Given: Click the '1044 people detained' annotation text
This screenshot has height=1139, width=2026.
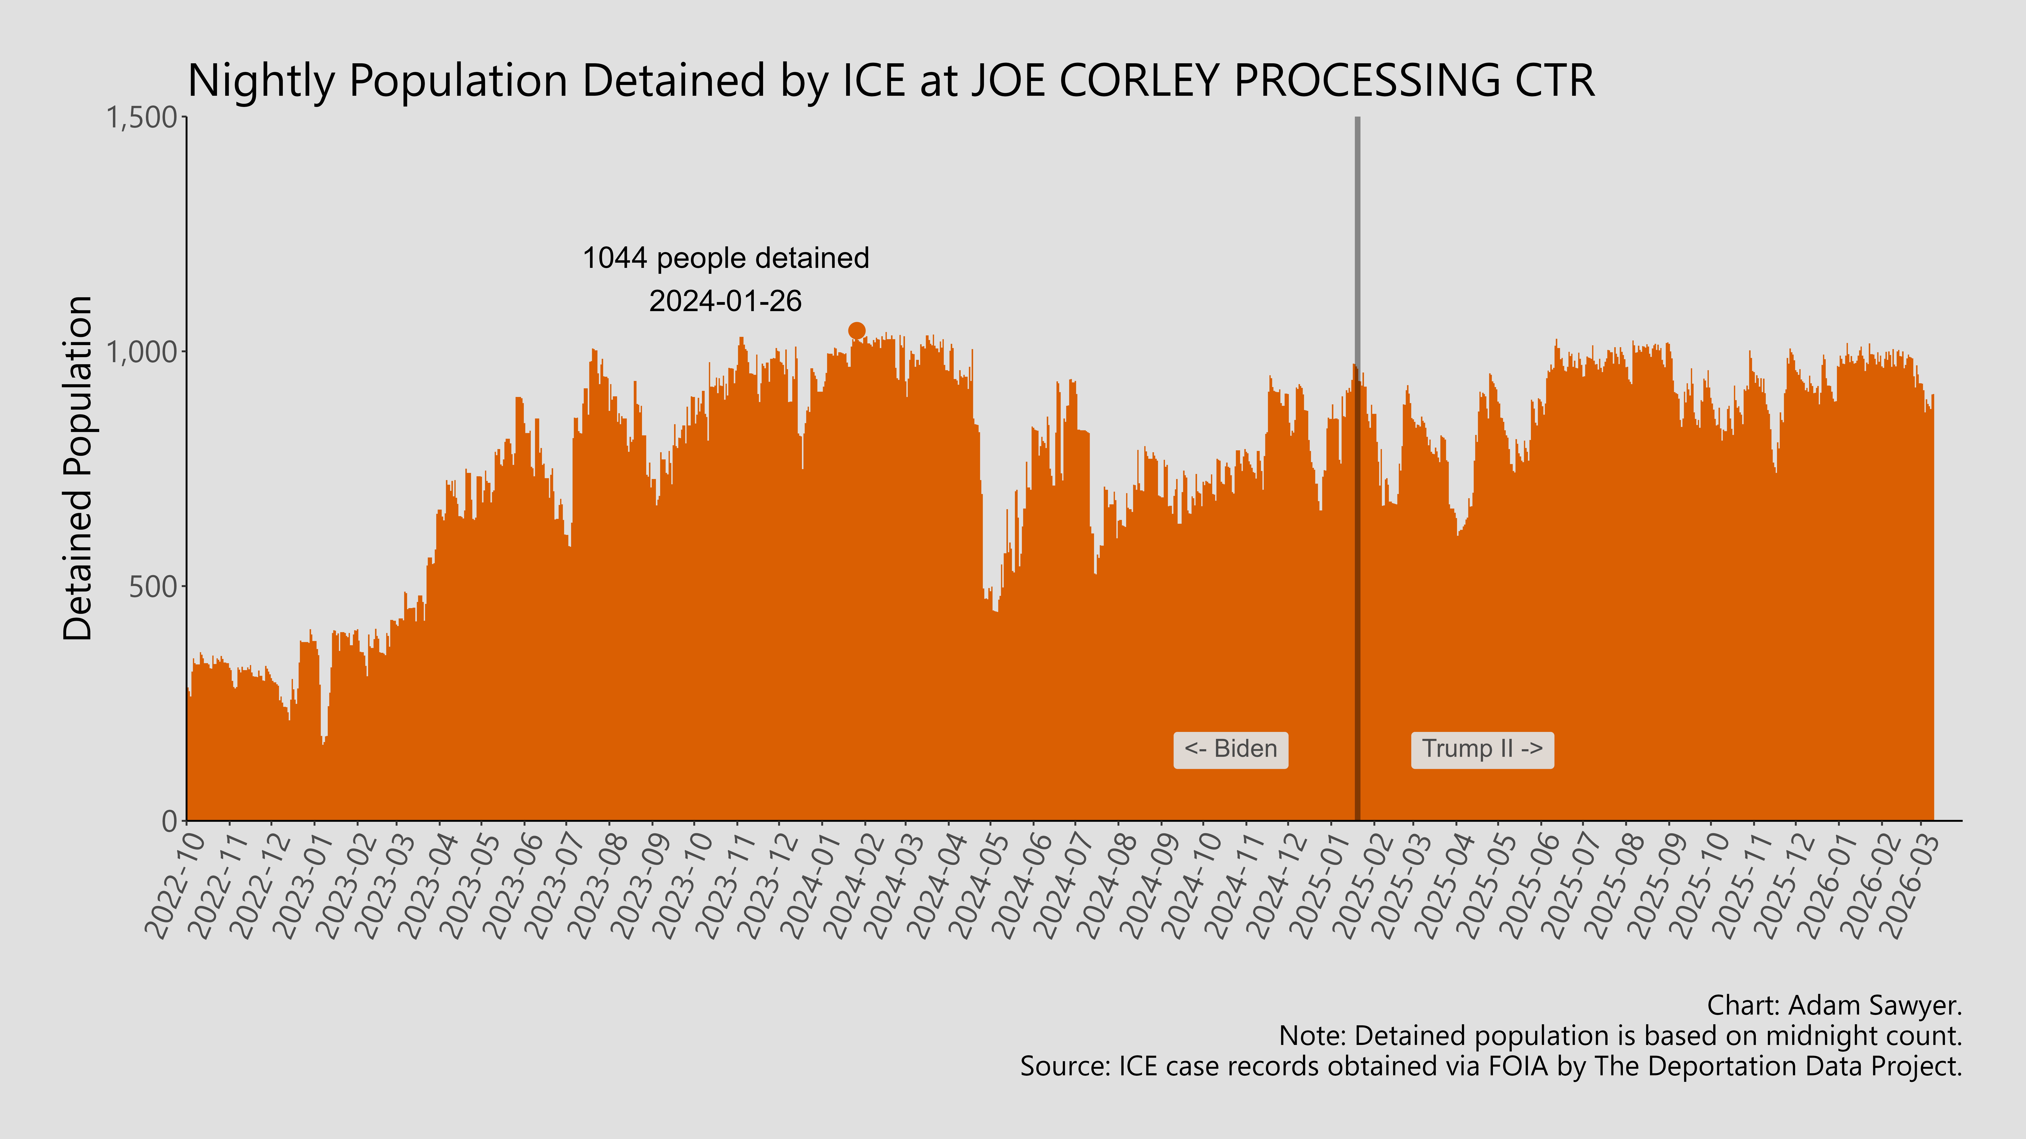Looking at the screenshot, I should [x=725, y=258].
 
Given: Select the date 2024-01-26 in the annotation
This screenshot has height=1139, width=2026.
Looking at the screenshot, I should [x=725, y=301].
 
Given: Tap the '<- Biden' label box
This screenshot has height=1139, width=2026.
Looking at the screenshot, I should [x=1230, y=749].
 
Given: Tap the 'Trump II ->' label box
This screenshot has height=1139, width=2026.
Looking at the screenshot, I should [x=1482, y=749].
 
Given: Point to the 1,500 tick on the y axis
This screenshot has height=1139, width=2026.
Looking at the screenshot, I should [x=142, y=118].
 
